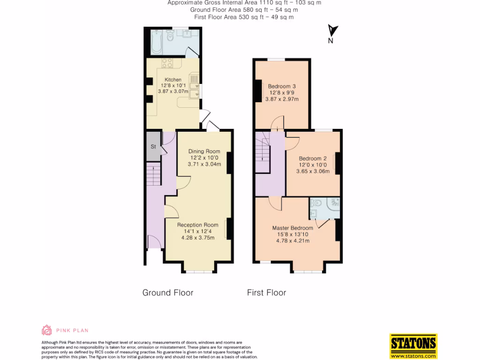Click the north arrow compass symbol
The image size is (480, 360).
click(x=332, y=32)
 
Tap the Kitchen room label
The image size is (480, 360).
click(x=173, y=80)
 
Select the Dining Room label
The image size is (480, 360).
click(x=204, y=151)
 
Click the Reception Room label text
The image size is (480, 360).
click(x=197, y=225)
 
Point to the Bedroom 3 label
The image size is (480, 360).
click(x=282, y=86)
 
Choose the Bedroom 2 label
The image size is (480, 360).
click(x=313, y=158)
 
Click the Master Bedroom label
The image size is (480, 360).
click(x=292, y=228)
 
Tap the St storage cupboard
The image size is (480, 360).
click(x=153, y=147)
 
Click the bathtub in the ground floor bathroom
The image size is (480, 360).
click(x=157, y=42)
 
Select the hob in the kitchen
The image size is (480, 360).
click(x=168, y=63)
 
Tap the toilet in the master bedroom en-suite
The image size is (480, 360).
click(x=316, y=204)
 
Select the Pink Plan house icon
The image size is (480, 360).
click(x=47, y=330)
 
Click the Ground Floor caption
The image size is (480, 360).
click(x=168, y=292)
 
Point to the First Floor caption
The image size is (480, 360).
click(x=266, y=292)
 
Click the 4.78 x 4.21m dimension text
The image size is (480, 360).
click(x=292, y=241)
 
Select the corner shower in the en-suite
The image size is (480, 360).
click(x=334, y=203)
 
